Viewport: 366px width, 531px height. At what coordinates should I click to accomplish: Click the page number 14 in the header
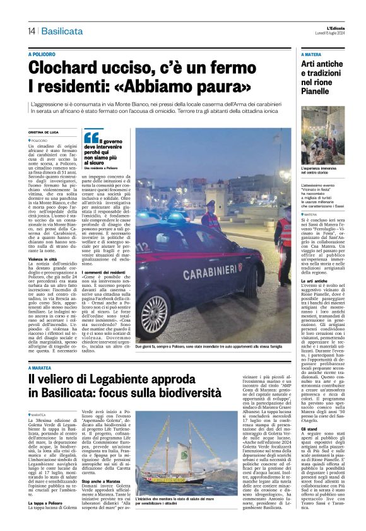31,31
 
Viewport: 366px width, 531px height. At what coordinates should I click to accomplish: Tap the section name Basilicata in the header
62,31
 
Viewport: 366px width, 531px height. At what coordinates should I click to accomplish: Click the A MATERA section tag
314,55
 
